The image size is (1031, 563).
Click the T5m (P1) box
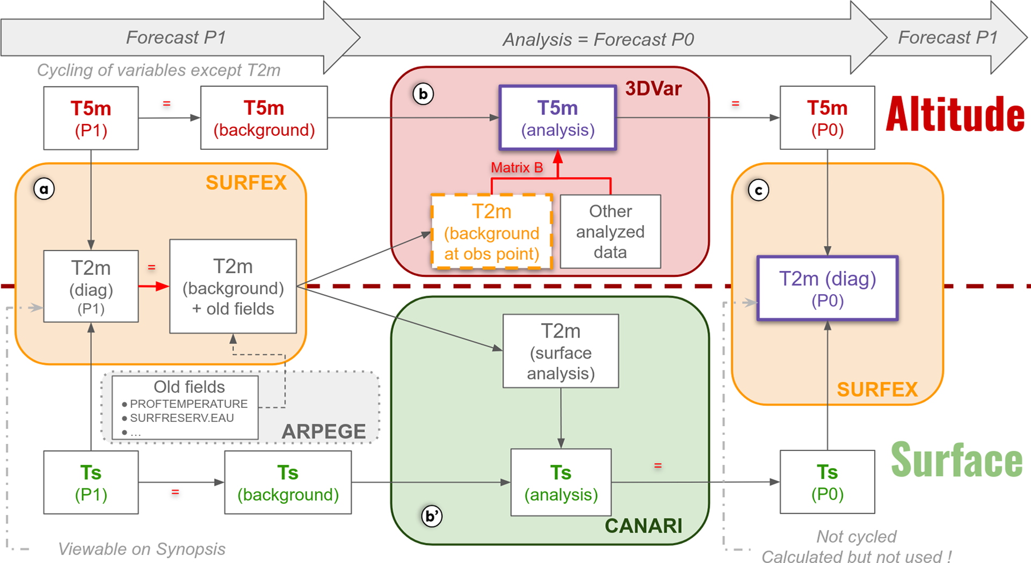[x=91, y=118]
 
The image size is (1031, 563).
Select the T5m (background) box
[x=264, y=118]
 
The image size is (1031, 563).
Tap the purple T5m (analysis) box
[x=557, y=118]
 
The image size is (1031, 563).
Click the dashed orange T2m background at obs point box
[x=491, y=231]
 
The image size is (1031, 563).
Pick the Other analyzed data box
[x=610, y=231]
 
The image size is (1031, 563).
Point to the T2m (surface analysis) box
[x=561, y=351]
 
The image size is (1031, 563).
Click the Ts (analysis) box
[x=561, y=482]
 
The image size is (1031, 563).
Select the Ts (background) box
[x=288, y=482]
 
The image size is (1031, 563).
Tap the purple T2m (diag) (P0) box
[x=827, y=289]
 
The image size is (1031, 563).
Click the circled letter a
[x=44, y=189]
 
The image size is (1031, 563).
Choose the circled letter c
[x=758, y=190]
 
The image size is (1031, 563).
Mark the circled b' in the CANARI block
[x=432, y=516]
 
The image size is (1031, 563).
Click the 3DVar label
[x=653, y=89]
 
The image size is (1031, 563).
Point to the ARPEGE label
[x=323, y=432]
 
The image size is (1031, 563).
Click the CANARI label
[x=643, y=526]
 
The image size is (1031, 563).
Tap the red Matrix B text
[x=517, y=168]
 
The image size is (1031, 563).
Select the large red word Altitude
[x=955, y=114]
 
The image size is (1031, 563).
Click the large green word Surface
[x=957, y=460]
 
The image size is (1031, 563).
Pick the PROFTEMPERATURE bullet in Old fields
[x=188, y=404]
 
